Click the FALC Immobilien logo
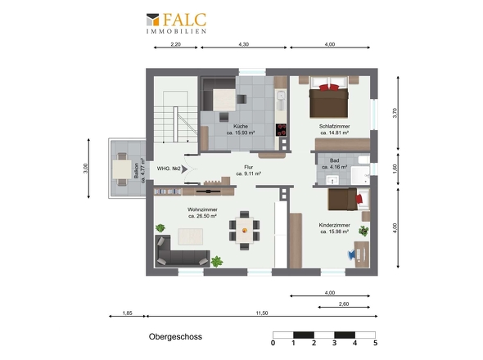click(176, 23)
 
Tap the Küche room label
click(241, 126)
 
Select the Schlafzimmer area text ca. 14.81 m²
click(335, 133)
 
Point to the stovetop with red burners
click(281, 129)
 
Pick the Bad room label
click(335, 160)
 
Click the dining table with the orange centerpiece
click(245, 230)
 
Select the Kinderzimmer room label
click(335, 225)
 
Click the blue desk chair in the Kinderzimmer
click(351, 254)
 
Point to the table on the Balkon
click(122, 169)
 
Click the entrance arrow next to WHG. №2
click(184, 169)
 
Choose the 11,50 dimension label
click(262, 313)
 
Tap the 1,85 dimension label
click(127, 313)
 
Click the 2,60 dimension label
click(344, 304)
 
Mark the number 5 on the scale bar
click(375, 343)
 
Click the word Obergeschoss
click(175, 336)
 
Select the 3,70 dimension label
click(395, 112)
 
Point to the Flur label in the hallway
click(249, 167)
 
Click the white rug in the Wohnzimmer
click(191, 236)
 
